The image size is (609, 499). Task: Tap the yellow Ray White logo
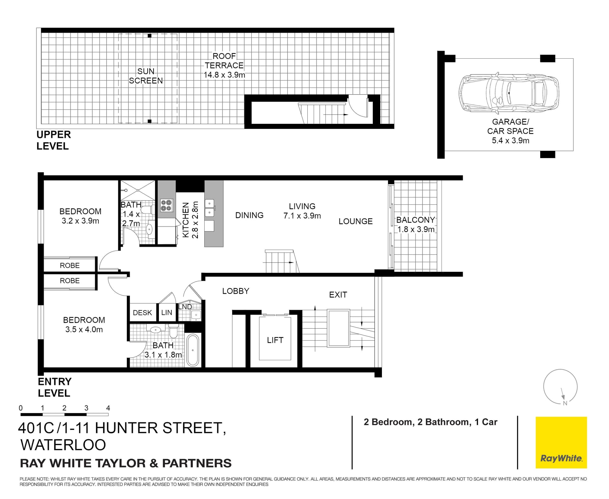coord(561,442)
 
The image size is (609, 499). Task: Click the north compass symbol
coord(560,387)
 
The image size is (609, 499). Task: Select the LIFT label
coord(275,340)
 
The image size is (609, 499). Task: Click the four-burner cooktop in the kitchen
coord(166,205)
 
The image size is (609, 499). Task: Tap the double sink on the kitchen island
coord(209,208)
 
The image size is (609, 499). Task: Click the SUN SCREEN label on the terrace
coord(146,76)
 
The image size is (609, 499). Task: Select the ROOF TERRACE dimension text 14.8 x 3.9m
coord(224,75)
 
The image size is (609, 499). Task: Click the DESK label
coord(142,313)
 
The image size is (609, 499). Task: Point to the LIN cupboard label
coord(167,313)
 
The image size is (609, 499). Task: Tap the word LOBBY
coord(236,291)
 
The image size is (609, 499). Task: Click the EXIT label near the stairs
coord(338,295)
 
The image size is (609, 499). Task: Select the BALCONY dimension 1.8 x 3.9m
coord(416,229)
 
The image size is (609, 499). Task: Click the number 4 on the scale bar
coord(108,408)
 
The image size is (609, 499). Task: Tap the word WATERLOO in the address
coord(63,445)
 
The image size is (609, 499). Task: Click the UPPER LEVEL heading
coord(54,140)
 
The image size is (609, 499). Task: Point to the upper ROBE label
coord(70,265)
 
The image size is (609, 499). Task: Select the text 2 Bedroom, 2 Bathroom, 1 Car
coord(430,422)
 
